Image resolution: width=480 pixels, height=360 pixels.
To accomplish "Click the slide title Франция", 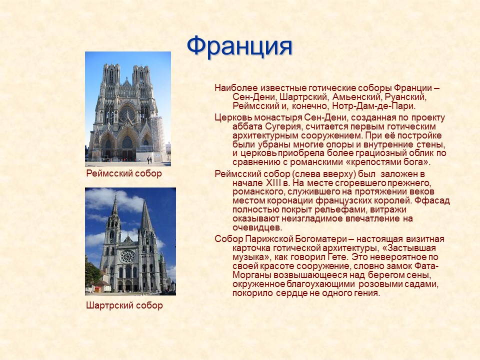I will [x=239, y=46].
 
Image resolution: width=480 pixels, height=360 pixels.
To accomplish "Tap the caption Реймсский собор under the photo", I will [x=124, y=173].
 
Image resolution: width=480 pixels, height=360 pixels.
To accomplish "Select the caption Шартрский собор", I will [x=124, y=305].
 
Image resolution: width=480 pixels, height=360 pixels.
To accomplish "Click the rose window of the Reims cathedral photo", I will [x=127, y=114].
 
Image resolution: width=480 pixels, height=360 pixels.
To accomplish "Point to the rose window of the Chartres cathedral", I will [x=127, y=256].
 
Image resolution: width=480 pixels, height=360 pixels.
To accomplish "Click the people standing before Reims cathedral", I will [x=149, y=160].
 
